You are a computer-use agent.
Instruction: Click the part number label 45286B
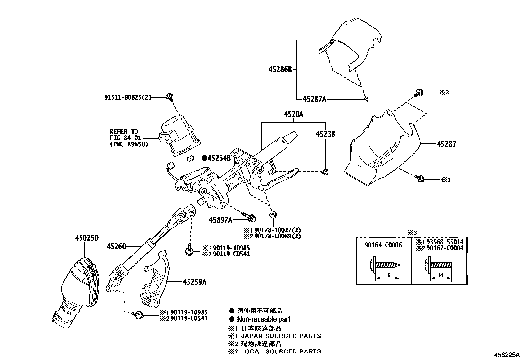pyautogui.click(x=280, y=69)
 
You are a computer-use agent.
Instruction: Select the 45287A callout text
pyautogui.click(x=314, y=99)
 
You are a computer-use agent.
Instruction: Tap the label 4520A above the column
pyautogui.click(x=294, y=114)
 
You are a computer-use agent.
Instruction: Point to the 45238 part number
pyautogui.click(x=325, y=134)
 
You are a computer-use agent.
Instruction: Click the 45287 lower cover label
pyautogui.click(x=446, y=144)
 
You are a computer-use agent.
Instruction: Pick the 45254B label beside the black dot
pyautogui.click(x=220, y=158)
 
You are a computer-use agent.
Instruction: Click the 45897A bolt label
pyautogui.click(x=220, y=220)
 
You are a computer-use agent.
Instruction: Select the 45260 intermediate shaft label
pyautogui.click(x=116, y=246)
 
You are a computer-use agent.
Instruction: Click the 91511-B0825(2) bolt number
pyautogui.click(x=128, y=97)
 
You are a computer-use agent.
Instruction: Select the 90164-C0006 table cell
pyautogui.click(x=383, y=245)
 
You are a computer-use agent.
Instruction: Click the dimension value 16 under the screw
pyautogui.click(x=387, y=275)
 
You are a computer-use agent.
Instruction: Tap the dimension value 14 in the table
pyautogui.click(x=440, y=275)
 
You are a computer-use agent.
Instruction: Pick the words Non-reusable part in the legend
pyautogui.click(x=263, y=319)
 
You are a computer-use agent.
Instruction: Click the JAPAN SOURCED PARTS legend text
pyautogui.click(x=281, y=336)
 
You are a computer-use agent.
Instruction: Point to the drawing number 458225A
pyautogui.click(x=507, y=355)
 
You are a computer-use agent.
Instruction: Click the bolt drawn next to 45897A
pyautogui.click(x=249, y=217)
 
